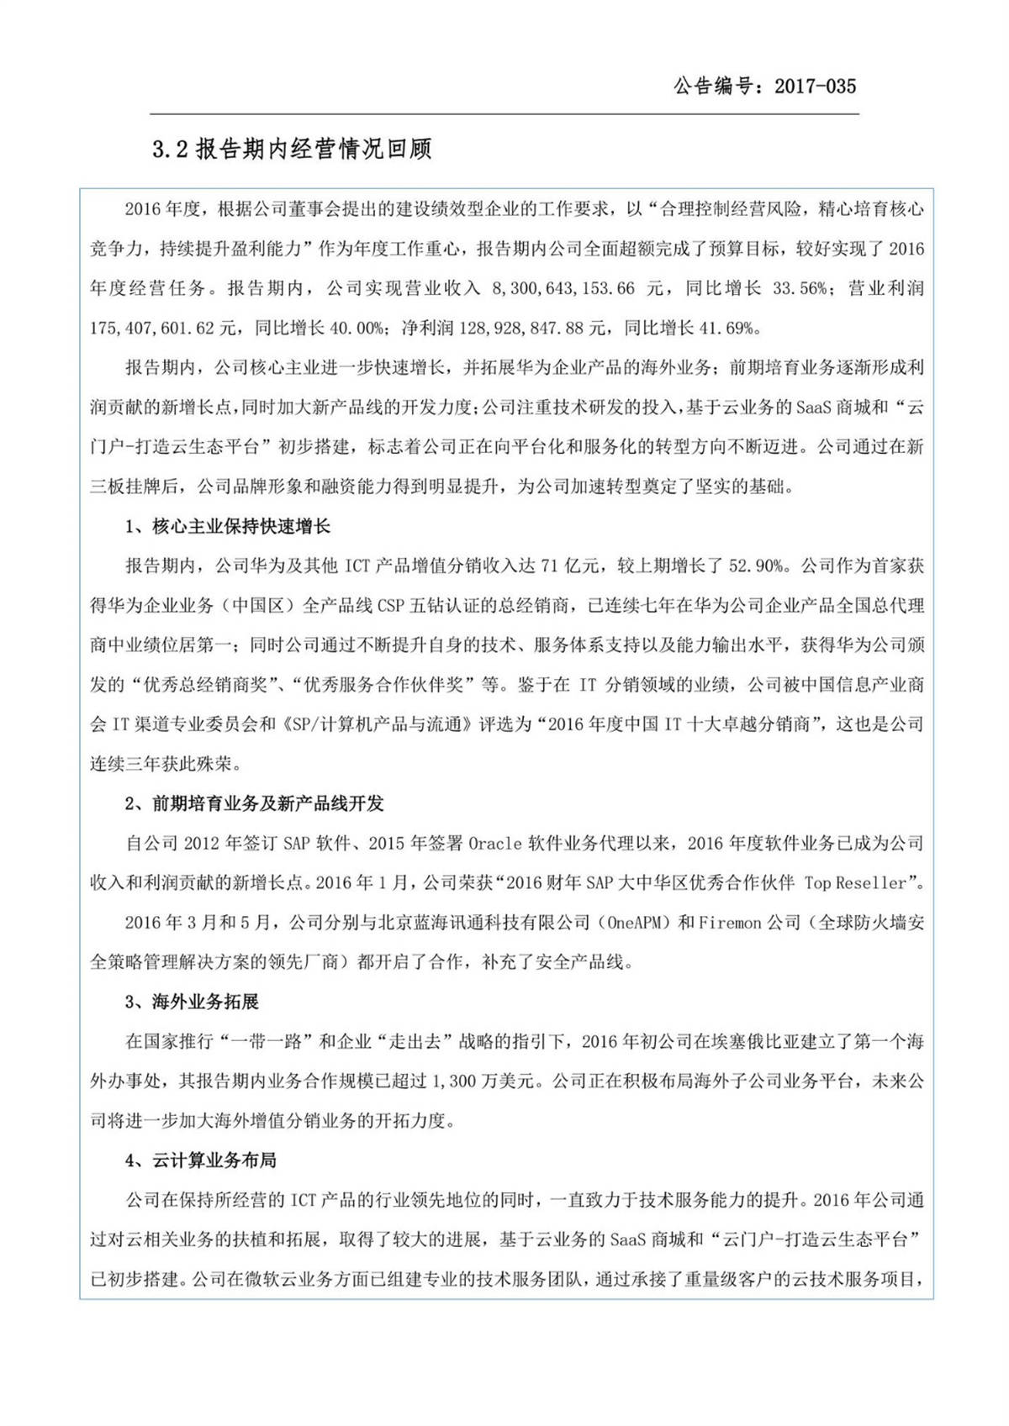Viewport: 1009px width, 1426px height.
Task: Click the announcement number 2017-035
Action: pos(815,86)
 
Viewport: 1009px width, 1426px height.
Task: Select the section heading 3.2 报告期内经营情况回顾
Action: pos(292,150)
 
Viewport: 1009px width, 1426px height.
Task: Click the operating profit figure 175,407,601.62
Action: pos(151,328)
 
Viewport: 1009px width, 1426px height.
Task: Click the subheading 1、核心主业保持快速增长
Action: pos(228,527)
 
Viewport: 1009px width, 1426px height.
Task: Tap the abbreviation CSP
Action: pos(391,605)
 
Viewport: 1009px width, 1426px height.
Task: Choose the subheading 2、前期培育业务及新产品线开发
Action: pos(255,803)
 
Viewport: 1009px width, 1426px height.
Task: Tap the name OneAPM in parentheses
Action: pos(637,923)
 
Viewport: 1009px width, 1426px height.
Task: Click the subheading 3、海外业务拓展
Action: pos(193,1002)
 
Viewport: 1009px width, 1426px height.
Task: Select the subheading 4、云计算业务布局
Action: pos(201,1160)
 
